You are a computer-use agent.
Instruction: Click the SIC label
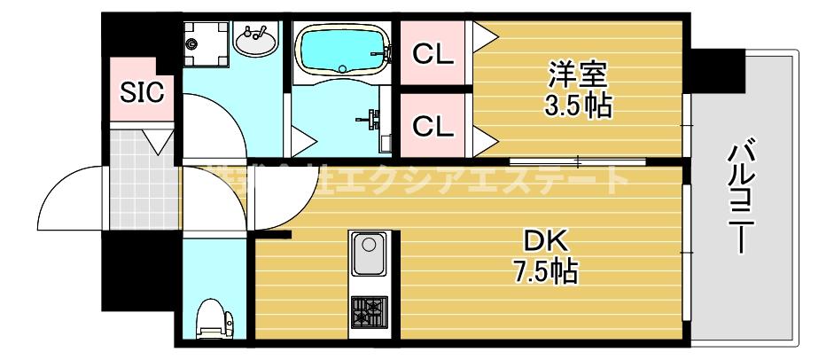click(142, 92)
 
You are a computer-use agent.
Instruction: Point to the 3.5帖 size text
click(578, 107)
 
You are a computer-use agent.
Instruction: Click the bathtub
click(341, 51)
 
